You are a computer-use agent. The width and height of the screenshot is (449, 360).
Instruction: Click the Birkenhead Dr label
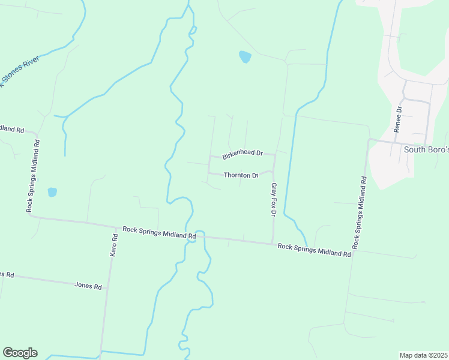pos(243,154)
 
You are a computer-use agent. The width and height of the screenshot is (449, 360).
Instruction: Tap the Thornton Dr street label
pos(241,175)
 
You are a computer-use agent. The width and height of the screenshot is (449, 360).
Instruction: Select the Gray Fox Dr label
pos(274,200)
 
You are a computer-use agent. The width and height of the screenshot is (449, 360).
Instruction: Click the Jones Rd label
pos(88,286)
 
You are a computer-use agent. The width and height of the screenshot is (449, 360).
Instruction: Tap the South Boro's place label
pos(426,149)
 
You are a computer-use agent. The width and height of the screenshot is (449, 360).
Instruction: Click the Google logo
pos(20,353)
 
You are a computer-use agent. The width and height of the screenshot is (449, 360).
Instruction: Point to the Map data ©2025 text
pos(423,355)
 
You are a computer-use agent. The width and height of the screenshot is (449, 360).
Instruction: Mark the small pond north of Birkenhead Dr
pos(245,57)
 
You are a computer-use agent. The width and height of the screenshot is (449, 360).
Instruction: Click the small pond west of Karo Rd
pos(52,192)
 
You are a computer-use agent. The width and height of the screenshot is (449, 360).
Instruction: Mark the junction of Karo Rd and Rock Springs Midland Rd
pos(116,227)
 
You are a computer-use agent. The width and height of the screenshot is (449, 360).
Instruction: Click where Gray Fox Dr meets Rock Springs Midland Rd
pos(273,243)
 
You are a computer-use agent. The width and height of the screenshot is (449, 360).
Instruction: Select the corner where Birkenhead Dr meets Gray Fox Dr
pos(275,155)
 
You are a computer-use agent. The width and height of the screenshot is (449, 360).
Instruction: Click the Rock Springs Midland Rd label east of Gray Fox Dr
pos(314,250)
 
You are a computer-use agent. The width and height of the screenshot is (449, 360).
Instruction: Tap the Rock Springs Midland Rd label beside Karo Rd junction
pos(159,233)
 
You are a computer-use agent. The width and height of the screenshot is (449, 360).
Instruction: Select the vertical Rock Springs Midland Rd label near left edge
pos(33,176)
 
